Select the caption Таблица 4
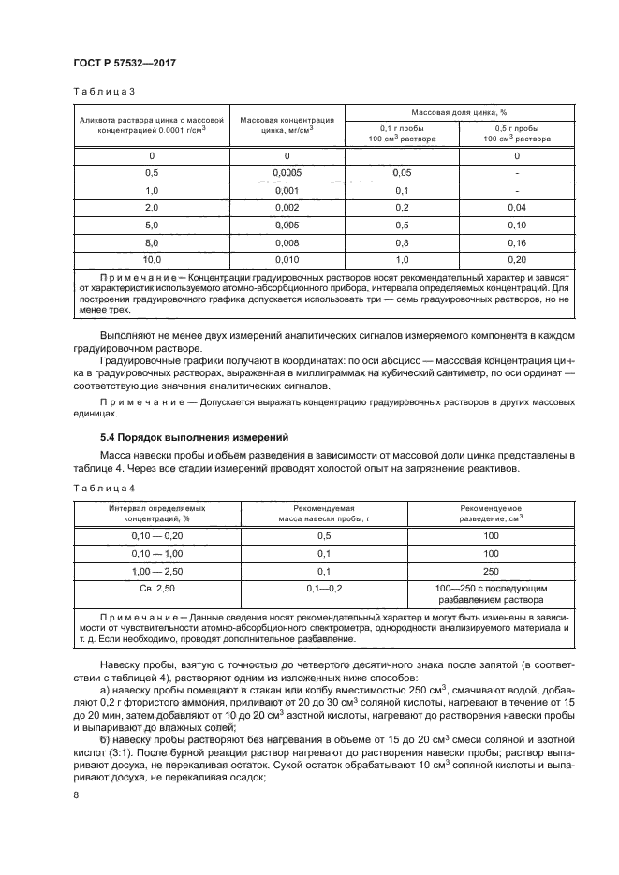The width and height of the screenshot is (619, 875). [104, 488]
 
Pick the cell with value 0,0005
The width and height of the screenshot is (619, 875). [287, 173]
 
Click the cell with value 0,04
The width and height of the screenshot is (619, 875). [510, 207]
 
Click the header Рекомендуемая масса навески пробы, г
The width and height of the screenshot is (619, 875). [324, 511]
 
